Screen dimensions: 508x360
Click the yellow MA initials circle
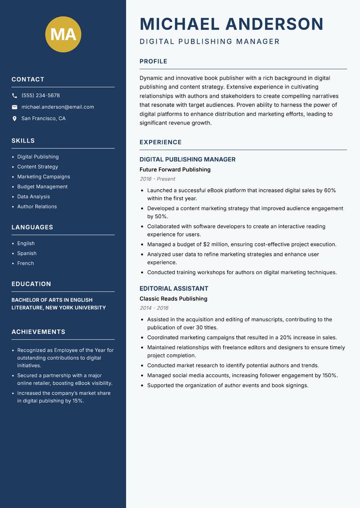[63, 34]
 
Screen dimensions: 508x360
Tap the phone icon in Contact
[14, 96]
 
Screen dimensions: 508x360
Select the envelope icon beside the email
[14, 107]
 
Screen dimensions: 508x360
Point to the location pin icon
[14, 119]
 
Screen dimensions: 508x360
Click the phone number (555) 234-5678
[40, 96]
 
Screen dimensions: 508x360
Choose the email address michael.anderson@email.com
[58, 107]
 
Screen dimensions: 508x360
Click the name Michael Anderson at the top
[232, 24]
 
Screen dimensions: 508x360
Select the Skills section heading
[23, 141]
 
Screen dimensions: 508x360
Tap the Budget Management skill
[42, 187]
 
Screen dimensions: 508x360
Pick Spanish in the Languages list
[27, 254]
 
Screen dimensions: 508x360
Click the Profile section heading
[153, 62]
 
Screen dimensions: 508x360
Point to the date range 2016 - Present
[157, 179]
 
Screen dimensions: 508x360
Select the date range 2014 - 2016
[154, 308]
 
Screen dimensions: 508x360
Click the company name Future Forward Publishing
[175, 170]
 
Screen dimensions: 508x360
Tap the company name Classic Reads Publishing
[173, 299]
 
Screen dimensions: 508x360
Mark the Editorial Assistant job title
[174, 289]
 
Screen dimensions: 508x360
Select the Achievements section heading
[38, 332]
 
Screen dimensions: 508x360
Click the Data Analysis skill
[34, 196]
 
